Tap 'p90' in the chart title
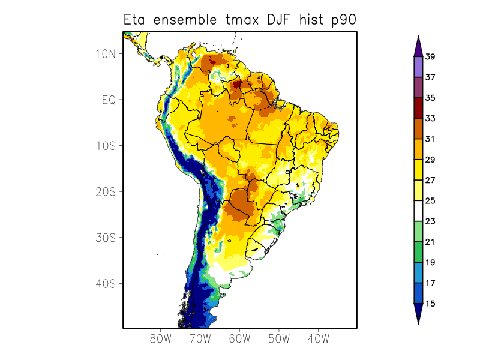344,20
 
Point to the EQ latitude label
109,100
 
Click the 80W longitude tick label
161,339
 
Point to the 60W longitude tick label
239,339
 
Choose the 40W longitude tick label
318,339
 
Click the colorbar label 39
430,57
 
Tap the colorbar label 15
430,304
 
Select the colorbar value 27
430,180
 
